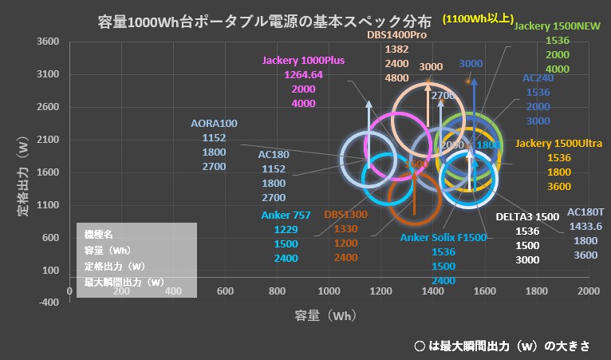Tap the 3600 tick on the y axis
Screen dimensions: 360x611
pyautogui.click(x=49, y=42)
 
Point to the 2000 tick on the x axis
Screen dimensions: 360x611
pyautogui.click(x=589, y=291)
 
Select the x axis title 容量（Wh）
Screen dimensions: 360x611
pyautogui.click(x=323, y=315)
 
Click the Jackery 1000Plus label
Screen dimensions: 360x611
pyautogui.click(x=303, y=61)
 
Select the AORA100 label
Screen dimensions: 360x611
pyautogui.click(x=215, y=124)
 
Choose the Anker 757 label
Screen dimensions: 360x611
pyautogui.click(x=286, y=215)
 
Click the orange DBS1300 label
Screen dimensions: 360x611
pyautogui.click(x=346, y=215)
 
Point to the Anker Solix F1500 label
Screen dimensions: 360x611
pyautogui.click(x=443, y=237)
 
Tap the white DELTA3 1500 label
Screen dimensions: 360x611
pyautogui.click(x=527, y=217)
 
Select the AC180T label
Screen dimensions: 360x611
pyautogui.click(x=585, y=212)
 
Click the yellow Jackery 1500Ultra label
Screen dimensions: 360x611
pyautogui.click(x=558, y=143)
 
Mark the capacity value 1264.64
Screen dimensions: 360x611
pyautogui.click(x=303, y=75)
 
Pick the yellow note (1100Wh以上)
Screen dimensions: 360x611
pyautogui.click(x=476, y=18)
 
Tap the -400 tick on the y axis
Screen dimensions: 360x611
pyautogui.click(x=49, y=303)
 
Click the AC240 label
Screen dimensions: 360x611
pyautogui.click(x=538, y=78)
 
